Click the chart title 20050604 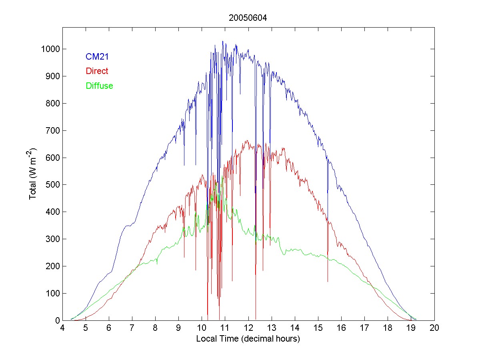[248, 18]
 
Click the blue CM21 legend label [97, 57]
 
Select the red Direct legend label [97, 71]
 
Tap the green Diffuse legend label [99, 86]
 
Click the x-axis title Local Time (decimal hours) [248, 338]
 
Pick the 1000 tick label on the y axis [50, 49]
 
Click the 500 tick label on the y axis [52, 185]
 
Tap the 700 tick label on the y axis [52, 130]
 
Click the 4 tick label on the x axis [62, 328]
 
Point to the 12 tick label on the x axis [248, 328]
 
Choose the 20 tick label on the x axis [434, 328]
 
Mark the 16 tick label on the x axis [341, 328]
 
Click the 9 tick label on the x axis [179, 328]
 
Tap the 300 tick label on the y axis [52, 239]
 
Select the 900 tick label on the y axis [52, 76]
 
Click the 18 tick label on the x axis [388, 328]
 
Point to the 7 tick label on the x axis [132, 328]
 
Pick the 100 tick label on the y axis [52, 293]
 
